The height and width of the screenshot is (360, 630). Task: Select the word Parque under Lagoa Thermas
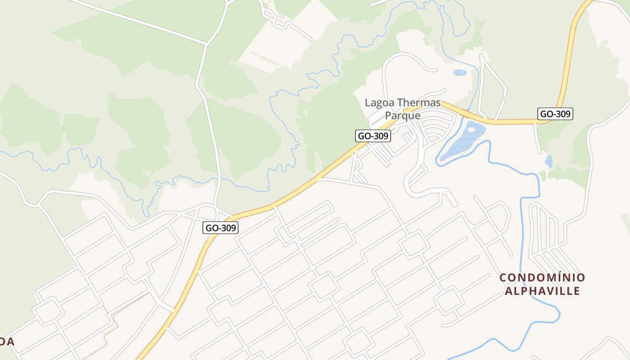click(x=403, y=116)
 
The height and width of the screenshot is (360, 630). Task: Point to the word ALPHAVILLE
click(x=543, y=291)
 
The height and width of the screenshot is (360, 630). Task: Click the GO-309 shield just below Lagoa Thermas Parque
click(x=373, y=135)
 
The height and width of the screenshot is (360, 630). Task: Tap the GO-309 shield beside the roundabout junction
click(x=220, y=228)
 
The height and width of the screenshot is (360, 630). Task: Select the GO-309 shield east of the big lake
click(x=555, y=114)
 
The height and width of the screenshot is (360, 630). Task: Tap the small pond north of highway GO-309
click(x=459, y=72)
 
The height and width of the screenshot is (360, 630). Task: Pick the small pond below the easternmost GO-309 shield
click(x=549, y=161)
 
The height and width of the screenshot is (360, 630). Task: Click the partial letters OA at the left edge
click(x=7, y=342)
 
